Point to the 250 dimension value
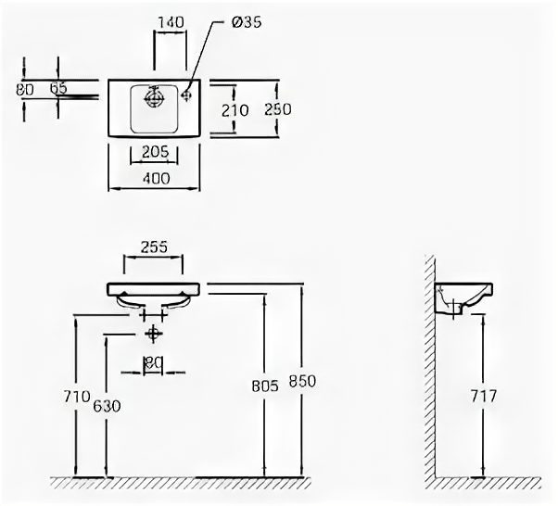pyautogui.click(x=278, y=109)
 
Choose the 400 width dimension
pyautogui.click(x=155, y=180)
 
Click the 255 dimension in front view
pyautogui.click(x=154, y=247)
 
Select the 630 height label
pyautogui.click(x=108, y=406)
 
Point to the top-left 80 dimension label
pyautogui.click(x=26, y=90)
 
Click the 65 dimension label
pyautogui.click(x=58, y=88)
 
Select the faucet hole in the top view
pyautogui.click(x=184, y=93)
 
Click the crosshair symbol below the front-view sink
pyautogui.click(x=153, y=332)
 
